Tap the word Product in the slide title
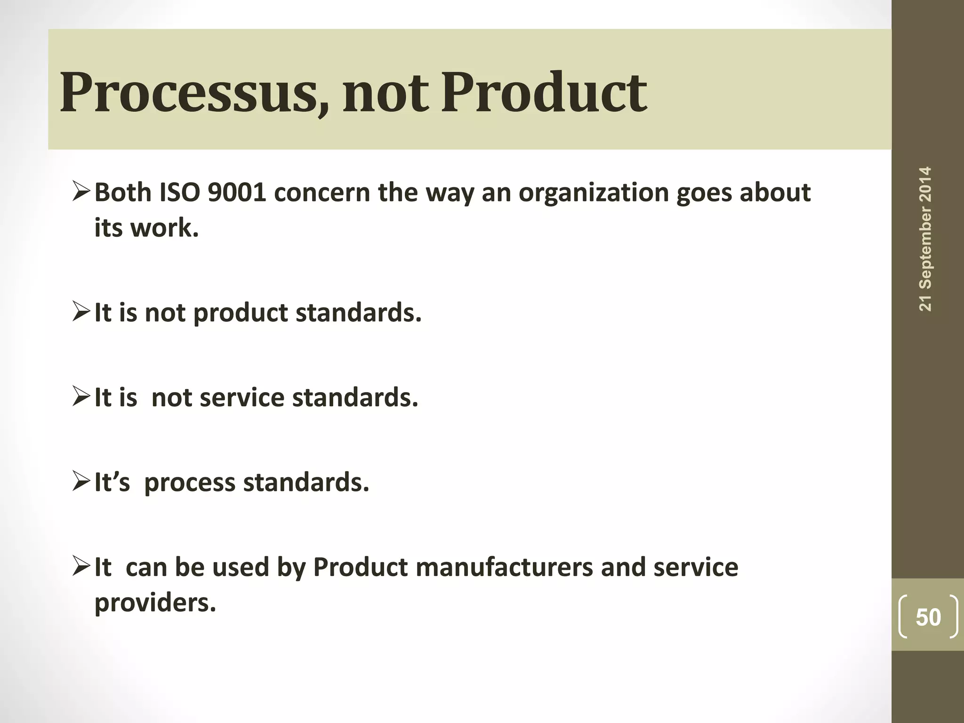click(544, 92)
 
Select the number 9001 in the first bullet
click(237, 193)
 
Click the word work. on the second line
click(164, 228)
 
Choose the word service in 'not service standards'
click(242, 398)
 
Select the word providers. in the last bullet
click(155, 602)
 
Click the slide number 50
click(928, 617)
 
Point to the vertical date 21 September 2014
click(925, 239)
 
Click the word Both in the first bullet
click(122, 193)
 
